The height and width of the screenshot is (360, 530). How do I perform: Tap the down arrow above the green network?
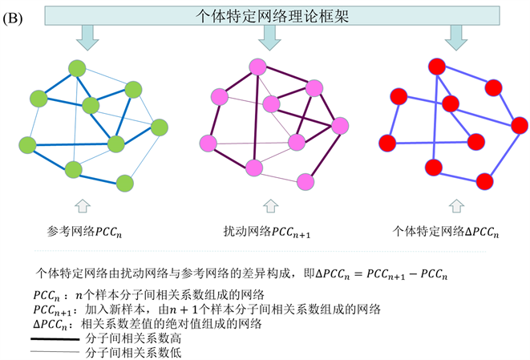coord(88,35)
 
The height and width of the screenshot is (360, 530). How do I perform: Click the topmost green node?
coord(77,69)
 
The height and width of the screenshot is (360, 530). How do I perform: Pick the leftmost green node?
coord(26,145)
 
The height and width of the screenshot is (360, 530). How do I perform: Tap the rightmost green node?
coord(159,127)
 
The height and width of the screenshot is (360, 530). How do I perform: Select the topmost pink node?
coord(257,67)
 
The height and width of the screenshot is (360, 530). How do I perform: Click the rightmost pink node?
coord(339,126)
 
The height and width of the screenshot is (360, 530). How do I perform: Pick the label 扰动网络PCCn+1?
coord(265,232)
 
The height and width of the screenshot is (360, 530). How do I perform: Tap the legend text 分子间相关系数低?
coord(129,350)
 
